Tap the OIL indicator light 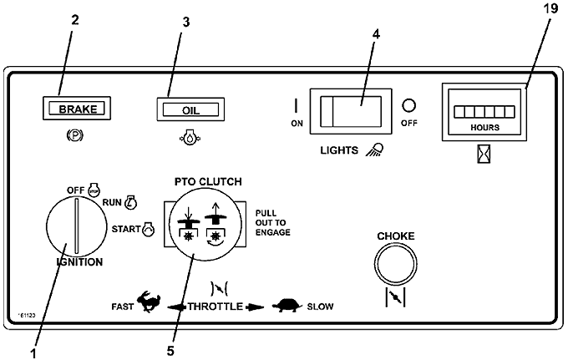click(x=190, y=109)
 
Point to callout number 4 click(x=377, y=35)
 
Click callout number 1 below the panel click(x=33, y=352)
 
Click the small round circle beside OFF click(x=408, y=105)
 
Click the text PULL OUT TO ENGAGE click(x=273, y=222)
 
